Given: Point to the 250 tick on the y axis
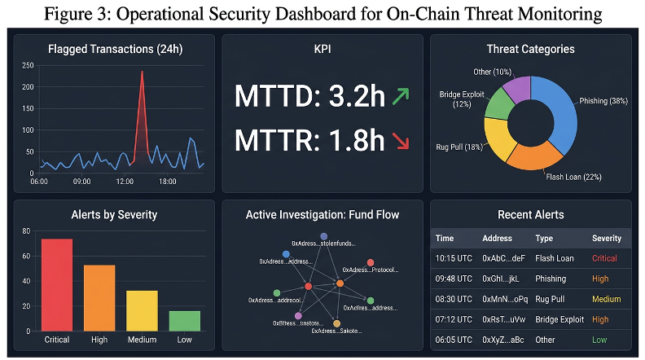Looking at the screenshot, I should [x=28, y=66].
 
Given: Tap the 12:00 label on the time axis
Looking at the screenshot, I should [x=125, y=182].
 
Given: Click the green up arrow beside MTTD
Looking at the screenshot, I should [x=400, y=96].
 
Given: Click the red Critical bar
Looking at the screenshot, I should [x=57, y=284].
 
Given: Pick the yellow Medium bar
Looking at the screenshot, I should [x=142, y=310].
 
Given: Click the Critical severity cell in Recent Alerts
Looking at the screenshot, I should [x=603, y=258].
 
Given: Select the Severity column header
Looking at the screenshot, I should [x=606, y=239].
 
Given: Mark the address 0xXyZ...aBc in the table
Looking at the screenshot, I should [x=503, y=339].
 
